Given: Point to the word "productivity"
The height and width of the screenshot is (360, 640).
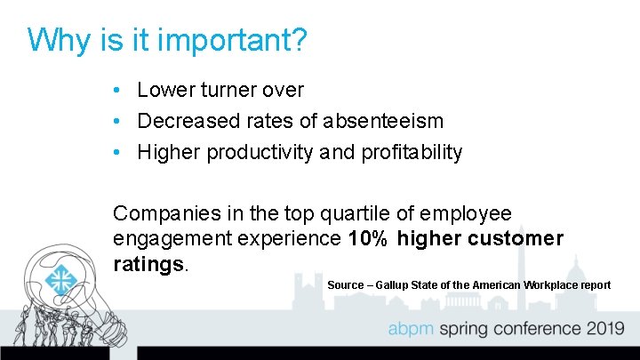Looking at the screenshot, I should pos(260,152).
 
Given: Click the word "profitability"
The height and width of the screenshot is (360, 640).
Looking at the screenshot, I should pos(412,152).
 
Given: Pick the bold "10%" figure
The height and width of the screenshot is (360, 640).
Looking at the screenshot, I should pos(367,238).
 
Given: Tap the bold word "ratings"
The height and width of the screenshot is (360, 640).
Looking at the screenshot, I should pos(148,263).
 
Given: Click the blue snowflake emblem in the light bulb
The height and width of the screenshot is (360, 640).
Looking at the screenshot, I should pos(61,280).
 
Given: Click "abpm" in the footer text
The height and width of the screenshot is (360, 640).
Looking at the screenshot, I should pos(415,329).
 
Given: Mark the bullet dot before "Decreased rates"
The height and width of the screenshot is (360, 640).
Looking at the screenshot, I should pos(118,121).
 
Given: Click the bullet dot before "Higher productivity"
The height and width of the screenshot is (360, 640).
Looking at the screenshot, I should pos(118,153).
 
